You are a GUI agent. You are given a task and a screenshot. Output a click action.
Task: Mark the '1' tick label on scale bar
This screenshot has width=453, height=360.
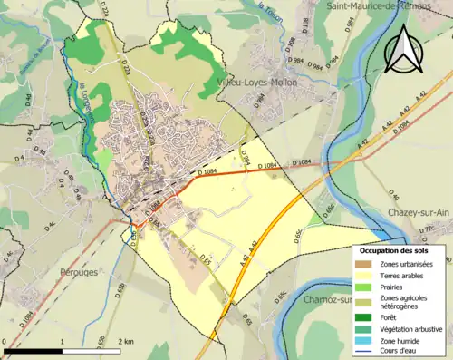click(61, 341)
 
